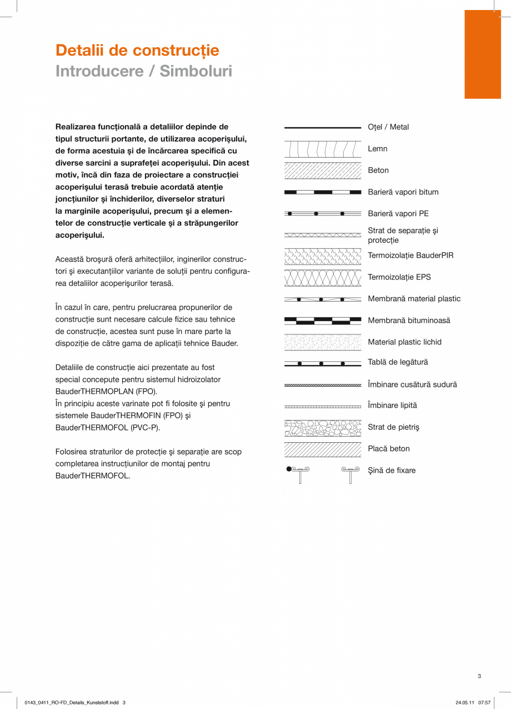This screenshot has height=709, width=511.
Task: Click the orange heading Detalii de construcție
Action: click(137, 51)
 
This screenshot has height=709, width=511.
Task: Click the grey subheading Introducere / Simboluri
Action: click(143, 71)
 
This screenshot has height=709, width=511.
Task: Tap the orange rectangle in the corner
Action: click(482, 54)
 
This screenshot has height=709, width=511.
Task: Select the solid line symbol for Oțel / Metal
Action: click(322, 128)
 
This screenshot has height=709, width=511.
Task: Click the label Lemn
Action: click(378, 149)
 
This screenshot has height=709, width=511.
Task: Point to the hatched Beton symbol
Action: click(322, 171)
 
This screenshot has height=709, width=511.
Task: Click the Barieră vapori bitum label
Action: click(403, 192)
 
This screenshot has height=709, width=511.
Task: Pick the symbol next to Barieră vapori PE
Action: click(322, 213)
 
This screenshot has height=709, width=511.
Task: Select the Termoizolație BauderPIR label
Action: click(410, 256)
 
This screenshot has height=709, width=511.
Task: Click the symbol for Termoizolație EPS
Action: click(322, 278)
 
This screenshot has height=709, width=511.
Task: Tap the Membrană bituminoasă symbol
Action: click(322, 321)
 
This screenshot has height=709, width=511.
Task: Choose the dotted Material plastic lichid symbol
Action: click(322, 342)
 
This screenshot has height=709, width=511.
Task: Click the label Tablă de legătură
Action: click(398, 362)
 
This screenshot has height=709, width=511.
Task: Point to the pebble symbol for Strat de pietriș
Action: click(322, 428)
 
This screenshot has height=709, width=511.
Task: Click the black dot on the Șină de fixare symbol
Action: click(289, 469)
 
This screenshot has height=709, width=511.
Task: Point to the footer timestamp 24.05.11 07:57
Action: click(473, 702)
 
